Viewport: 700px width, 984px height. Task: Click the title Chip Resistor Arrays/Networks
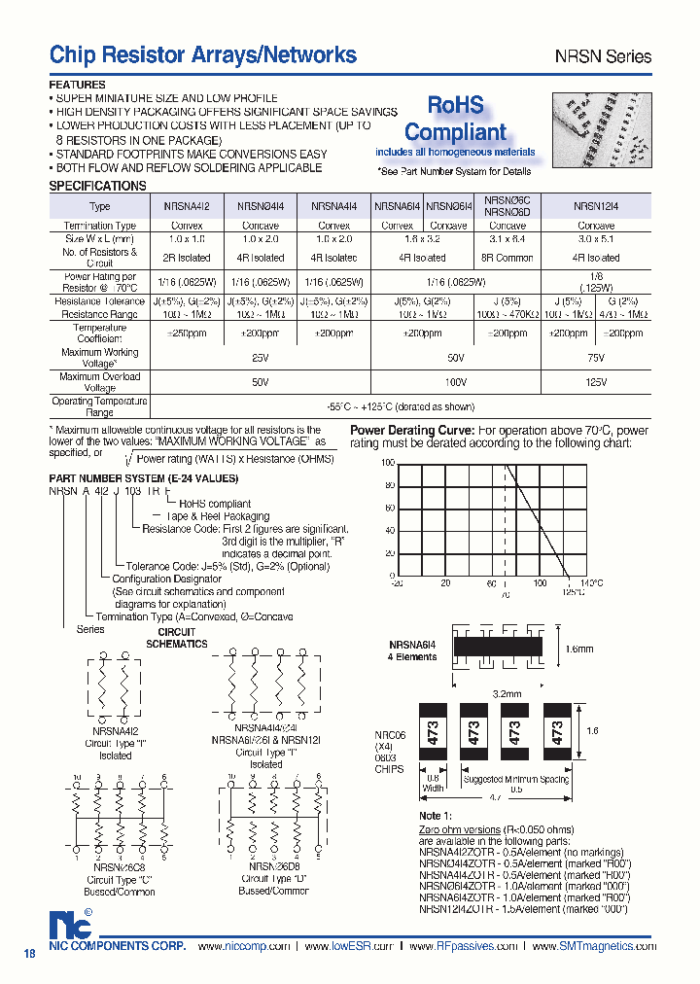click(x=202, y=55)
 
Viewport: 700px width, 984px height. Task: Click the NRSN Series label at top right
click(x=603, y=57)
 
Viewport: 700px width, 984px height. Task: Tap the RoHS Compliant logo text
click(x=455, y=120)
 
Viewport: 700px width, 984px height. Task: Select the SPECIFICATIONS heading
click(x=97, y=186)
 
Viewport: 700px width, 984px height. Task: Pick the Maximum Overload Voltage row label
click(x=99, y=382)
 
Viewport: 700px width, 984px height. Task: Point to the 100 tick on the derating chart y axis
click(x=387, y=464)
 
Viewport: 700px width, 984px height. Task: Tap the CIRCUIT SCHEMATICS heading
click(x=176, y=638)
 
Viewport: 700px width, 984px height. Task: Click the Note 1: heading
click(x=436, y=815)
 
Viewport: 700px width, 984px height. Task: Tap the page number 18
click(x=29, y=955)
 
